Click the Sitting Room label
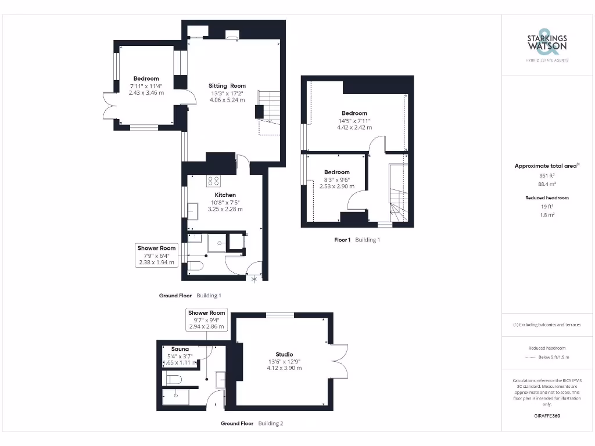point(227,86)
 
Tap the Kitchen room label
point(225,195)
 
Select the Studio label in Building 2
point(284,354)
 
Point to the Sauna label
point(180,349)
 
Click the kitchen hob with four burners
point(213,181)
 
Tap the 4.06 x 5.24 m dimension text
point(227,100)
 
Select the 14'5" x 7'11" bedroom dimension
point(354,121)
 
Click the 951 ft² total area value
point(546,175)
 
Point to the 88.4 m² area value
point(546,184)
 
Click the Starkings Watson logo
point(547,44)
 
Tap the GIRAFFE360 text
point(546,416)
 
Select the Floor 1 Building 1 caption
point(357,240)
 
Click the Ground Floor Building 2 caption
point(252,423)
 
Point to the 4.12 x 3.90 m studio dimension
point(284,368)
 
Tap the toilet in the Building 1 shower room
point(195,267)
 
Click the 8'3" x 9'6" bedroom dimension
point(337,180)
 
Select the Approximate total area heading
point(546,166)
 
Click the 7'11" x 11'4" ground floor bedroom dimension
point(146,86)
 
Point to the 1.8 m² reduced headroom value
point(547,215)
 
